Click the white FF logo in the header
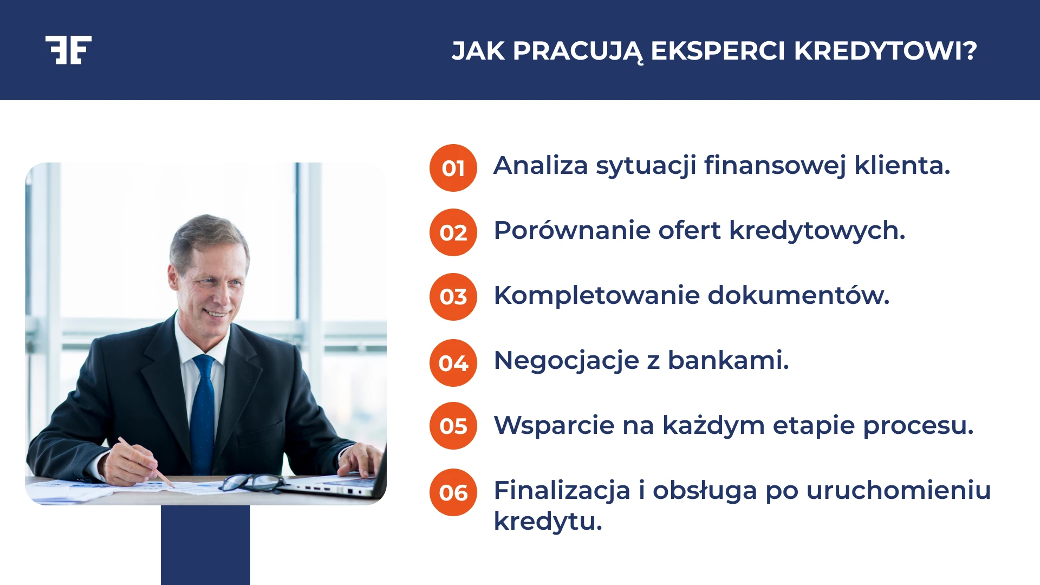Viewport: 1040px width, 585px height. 68,50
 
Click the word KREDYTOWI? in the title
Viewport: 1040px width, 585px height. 885,51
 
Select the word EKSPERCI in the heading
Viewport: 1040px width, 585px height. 718,51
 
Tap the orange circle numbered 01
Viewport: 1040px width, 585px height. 453,168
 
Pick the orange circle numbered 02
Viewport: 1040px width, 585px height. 453,232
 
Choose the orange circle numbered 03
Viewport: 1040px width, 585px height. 453,297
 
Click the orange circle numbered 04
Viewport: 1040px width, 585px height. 453,362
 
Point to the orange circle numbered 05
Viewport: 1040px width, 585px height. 453,426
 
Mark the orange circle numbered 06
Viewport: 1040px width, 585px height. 453,492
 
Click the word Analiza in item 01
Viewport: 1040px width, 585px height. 540,165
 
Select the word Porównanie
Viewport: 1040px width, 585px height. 571,231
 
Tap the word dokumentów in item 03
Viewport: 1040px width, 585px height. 798,296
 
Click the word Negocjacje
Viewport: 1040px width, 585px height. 566,361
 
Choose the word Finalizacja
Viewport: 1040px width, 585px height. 562,491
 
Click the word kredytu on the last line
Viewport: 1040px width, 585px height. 547,522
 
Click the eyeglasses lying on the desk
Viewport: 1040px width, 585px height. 252,482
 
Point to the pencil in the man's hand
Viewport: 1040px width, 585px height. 147,462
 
